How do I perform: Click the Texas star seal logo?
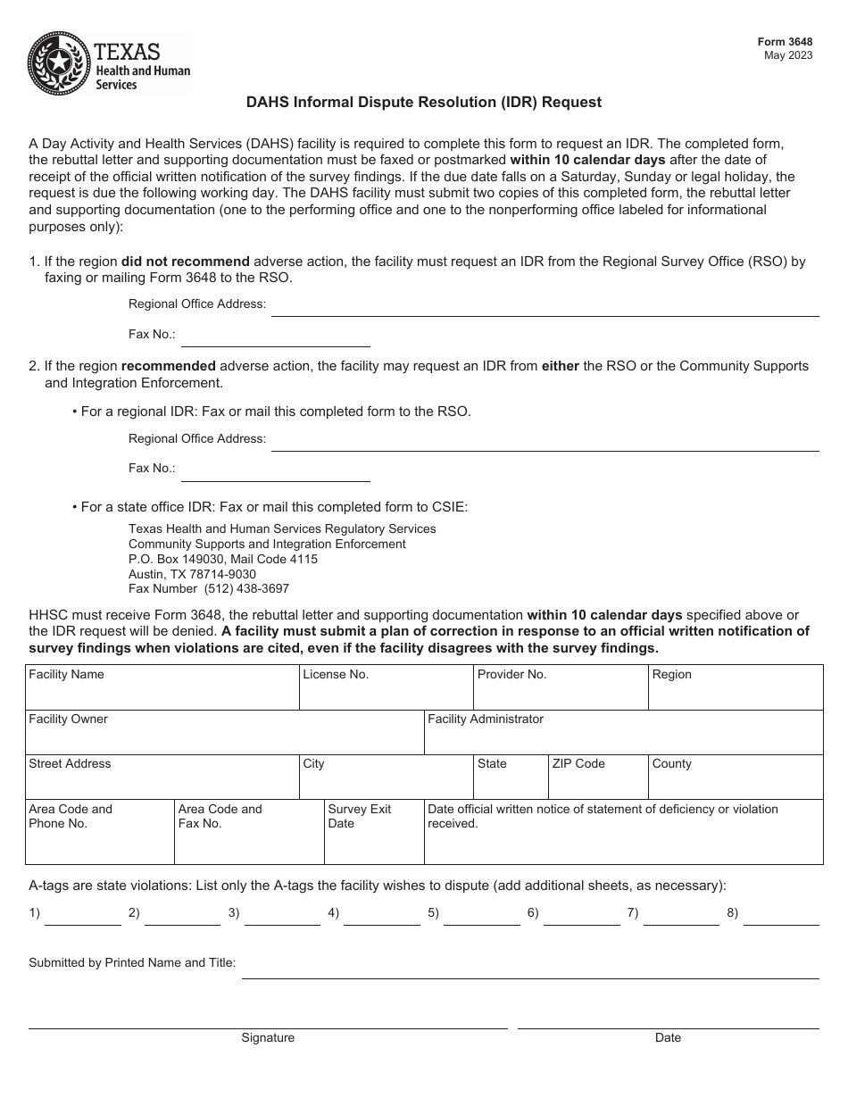tap(60, 62)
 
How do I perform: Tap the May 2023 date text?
tap(788, 55)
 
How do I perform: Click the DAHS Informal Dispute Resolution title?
tap(424, 102)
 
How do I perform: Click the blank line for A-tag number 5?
tap(481, 918)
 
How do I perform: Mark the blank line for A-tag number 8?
tap(780, 918)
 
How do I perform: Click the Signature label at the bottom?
tap(268, 1037)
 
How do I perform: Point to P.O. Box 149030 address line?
tap(222, 559)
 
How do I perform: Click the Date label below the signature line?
tap(668, 1037)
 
